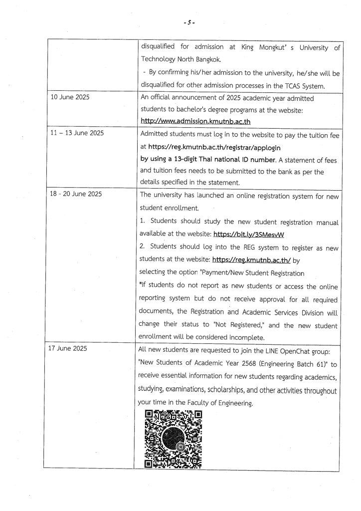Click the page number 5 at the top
189,23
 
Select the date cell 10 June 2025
70,98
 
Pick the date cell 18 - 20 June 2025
76,194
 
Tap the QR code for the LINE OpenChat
173,439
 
